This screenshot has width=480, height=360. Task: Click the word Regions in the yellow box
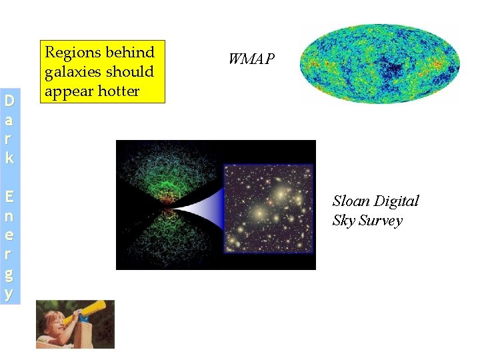[x=73, y=53]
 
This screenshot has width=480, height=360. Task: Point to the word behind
[x=130, y=53]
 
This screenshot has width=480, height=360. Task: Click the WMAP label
[x=251, y=59]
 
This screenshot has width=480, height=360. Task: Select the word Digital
[x=397, y=201]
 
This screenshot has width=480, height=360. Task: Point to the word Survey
[x=381, y=221]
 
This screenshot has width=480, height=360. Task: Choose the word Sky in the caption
[x=343, y=221]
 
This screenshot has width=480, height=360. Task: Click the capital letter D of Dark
[x=9, y=102]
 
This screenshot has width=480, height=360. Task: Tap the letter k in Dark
[x=9, y=158]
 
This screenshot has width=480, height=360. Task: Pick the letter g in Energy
[x=9, y=274]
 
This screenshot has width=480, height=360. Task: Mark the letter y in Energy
[x=9, y=293]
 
